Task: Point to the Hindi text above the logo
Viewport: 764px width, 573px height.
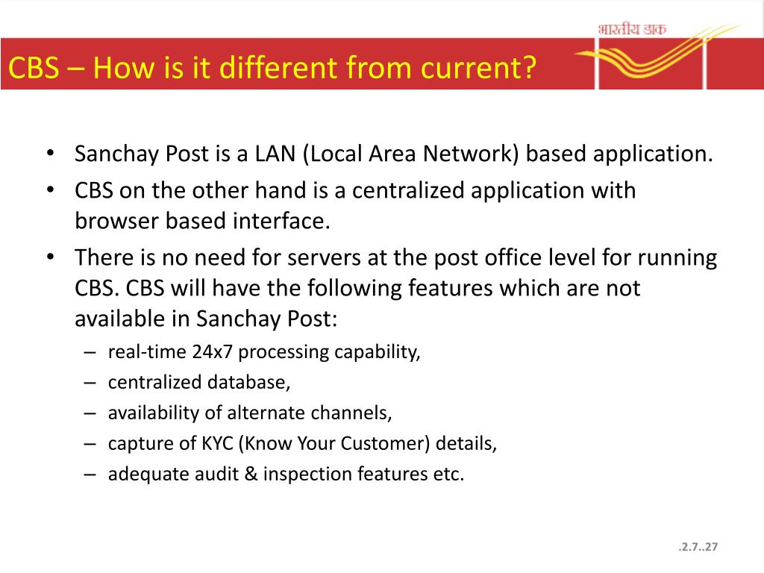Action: (x=632, y=29)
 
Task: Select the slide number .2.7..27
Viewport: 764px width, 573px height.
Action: (x=698, y=548)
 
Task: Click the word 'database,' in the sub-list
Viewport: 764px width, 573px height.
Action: (x=248, y=383)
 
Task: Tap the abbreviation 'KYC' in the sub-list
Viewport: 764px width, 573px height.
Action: (x=217, y=443)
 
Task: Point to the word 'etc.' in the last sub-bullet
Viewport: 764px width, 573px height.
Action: (x=448, y=474)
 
